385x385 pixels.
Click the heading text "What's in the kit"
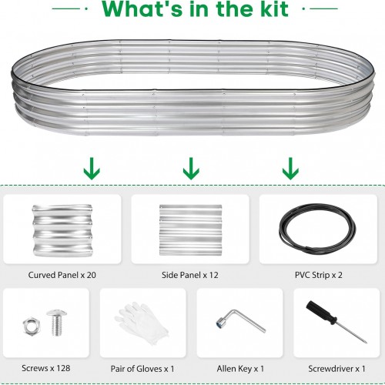tap(195, 9)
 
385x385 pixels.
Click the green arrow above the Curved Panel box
tap(92, 169)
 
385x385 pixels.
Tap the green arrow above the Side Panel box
tap(191, 169)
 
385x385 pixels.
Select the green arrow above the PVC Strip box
tap(290, 169)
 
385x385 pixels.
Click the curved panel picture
tap(62, 230)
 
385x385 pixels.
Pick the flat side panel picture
tap(190, 229)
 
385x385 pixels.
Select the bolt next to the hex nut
tap(57, 323)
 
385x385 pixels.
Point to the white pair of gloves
tap(141, 323)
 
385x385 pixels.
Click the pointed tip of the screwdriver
tap(366, 343)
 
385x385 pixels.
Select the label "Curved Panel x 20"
tap(62, 275)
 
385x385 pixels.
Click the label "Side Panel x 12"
tap(190, 275)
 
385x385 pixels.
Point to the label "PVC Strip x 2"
tap(318, 275)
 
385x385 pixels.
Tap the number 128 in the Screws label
tap(63, 368)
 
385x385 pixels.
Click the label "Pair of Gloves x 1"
tap(142, 369)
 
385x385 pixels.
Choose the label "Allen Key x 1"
tap(240, 369)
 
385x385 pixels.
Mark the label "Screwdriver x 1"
tap(336, 369)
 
